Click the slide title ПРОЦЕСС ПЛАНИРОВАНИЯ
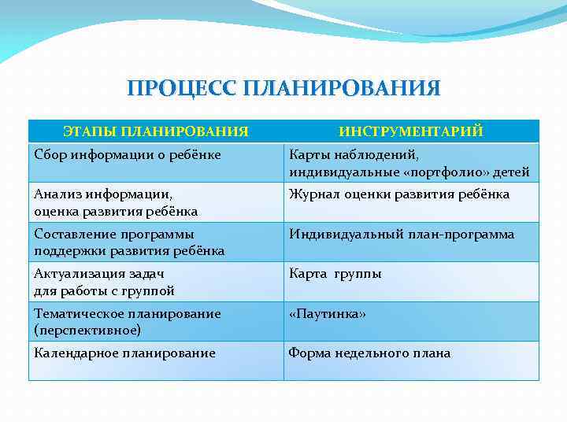point(283,88)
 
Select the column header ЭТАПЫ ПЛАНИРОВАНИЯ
point(156,131)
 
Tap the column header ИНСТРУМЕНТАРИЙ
point(411,131)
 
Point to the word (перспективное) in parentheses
point(87,330)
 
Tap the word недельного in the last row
point(369,353)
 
